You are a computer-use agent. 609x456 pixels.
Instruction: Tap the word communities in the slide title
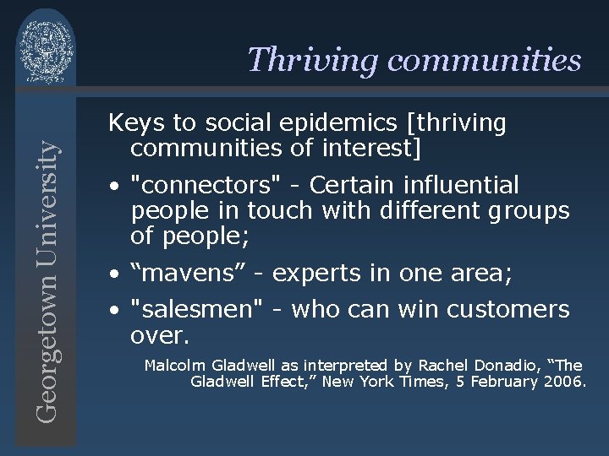click(x=482, y=60)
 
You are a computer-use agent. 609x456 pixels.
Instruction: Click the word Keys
click(x=137, y=123)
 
